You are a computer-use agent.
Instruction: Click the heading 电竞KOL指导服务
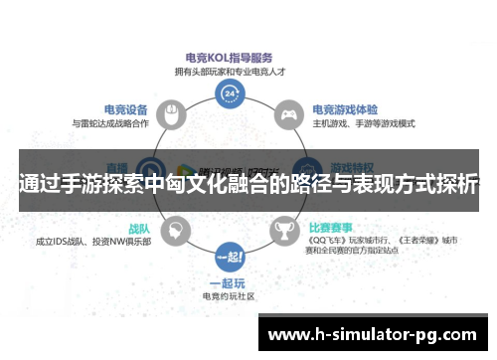[x=231, y=58]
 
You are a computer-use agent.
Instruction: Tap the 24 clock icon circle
[x=231, y=94]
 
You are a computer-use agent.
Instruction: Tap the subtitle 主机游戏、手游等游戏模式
[x=364, y=124]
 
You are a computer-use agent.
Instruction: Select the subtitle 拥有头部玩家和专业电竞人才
[x=231, y=72]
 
